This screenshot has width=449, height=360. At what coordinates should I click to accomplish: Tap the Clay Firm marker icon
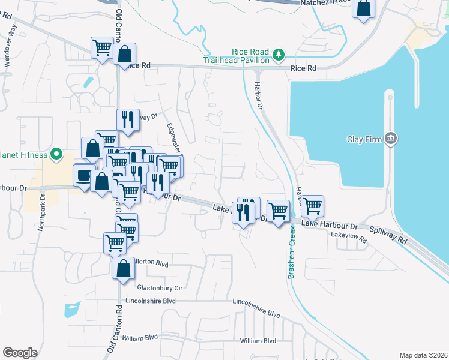tap(391, 139)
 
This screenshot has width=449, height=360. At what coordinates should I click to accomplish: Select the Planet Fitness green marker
tap(56, 155)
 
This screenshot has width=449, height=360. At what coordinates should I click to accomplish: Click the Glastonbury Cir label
tap(159, 287)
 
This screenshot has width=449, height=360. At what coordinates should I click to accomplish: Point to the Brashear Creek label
tap(293, 251)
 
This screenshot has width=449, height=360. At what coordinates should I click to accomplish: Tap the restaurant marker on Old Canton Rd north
tap(128, 119)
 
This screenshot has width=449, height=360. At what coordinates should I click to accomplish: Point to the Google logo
tap(20, 353)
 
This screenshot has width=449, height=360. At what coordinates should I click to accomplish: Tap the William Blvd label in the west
tap(139, 338)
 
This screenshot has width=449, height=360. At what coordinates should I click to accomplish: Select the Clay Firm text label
tap(364, 139)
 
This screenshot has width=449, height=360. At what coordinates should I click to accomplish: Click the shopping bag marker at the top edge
tap(363, 8)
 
